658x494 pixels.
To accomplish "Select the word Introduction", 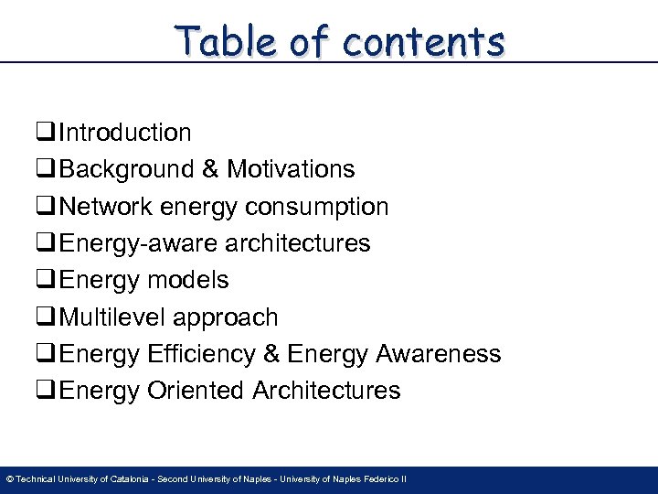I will point(125,133).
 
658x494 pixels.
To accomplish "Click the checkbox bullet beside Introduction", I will point(47,134).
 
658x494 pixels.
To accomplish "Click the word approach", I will point(227,317).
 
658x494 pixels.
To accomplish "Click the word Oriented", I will point(196,391).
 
